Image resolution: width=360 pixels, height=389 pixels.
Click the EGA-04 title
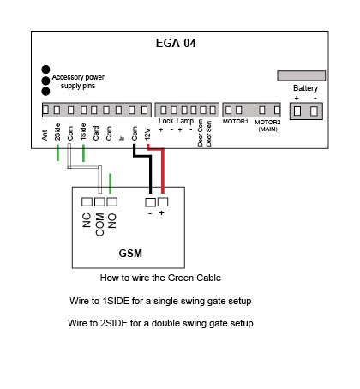coord(176,44)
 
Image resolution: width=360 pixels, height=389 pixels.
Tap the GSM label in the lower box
coord(130,254)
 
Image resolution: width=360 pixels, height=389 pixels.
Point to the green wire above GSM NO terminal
coord(111,183)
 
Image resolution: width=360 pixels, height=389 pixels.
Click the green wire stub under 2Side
coord(57,153)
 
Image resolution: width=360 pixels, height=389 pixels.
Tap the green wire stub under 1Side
coord(83,153)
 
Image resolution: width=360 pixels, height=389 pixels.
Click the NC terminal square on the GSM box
coord(87,202)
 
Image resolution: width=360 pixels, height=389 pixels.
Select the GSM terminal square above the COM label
coord(99,202)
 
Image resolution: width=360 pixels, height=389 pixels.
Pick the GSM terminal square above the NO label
coord(112,202)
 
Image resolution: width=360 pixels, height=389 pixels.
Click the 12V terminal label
coord(147,135)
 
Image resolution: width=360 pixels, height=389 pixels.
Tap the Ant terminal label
coord(45,135)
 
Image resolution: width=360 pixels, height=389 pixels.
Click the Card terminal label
coord(96,133)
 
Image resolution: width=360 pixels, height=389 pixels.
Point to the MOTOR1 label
coord(236,122)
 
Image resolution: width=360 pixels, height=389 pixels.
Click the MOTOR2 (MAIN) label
coord(267,125)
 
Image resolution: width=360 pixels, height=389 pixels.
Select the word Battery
coord(305,88)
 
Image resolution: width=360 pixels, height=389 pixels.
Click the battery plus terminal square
coord(297,111)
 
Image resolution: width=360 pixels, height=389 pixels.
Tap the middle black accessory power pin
coord(45,81)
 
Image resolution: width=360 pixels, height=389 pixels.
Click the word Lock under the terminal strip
coord(166,121)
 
